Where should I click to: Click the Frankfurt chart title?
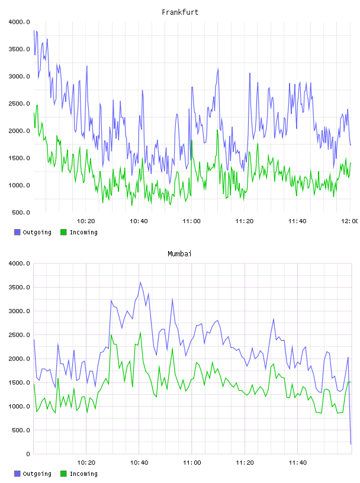180,12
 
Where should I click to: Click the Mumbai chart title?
179,254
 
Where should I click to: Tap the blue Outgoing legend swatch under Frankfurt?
17,232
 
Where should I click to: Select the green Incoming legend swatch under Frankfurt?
63,232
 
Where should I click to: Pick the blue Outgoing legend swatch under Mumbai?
17,474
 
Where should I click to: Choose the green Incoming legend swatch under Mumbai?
63,474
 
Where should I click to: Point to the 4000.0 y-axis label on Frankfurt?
19,22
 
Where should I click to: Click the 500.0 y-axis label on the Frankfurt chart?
21,212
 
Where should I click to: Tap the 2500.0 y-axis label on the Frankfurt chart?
19,104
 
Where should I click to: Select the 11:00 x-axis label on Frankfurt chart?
191,221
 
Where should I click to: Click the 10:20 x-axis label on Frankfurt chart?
86,221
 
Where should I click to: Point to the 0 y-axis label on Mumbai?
28,454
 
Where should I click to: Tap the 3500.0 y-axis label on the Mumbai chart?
19,288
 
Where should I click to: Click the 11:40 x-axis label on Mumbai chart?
297,463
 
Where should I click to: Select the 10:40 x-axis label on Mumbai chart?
139,463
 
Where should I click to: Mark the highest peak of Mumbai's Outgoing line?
140,282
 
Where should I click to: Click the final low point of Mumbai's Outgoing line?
351,444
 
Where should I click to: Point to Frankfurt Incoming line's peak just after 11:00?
192,140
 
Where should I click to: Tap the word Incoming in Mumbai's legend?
83,474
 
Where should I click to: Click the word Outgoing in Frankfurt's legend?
37,233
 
